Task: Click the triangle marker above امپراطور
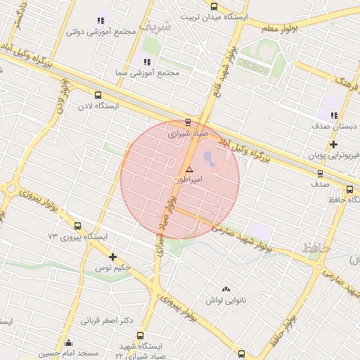(189, 169)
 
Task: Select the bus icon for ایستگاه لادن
(98, 95)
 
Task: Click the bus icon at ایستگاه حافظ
(350, 189)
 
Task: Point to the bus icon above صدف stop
(321, 173)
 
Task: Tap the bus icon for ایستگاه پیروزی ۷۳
(77, 226)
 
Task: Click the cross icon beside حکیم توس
(112, 257)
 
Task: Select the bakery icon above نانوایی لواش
(226, 289)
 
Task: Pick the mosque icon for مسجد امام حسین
(68, 343)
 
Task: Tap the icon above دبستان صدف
(334, 115)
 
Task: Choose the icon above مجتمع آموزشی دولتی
(101, 21)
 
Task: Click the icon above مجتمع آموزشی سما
(147, 62)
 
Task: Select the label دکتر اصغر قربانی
(107, 321)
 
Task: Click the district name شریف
(155, 26)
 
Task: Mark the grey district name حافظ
(315, 247)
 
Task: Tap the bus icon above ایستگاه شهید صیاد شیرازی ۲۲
(140, 336)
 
